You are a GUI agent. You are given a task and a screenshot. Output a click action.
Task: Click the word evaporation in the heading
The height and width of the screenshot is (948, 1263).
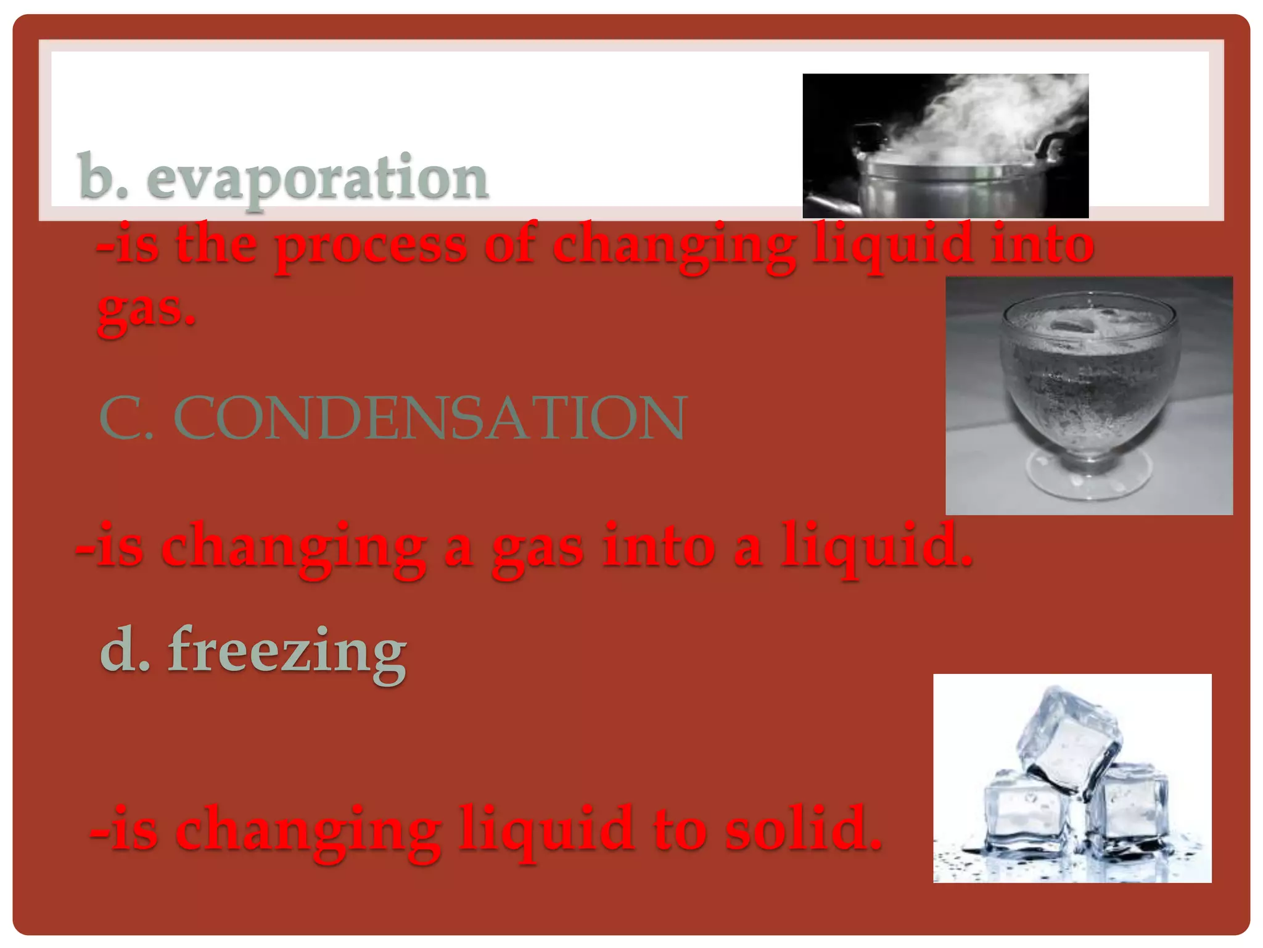click(x=318, y=178)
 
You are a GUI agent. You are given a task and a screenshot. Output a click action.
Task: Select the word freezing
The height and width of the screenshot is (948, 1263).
click(x=287, y=651)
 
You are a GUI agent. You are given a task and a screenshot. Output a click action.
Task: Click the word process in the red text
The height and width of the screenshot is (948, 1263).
click(x=371, y=245)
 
